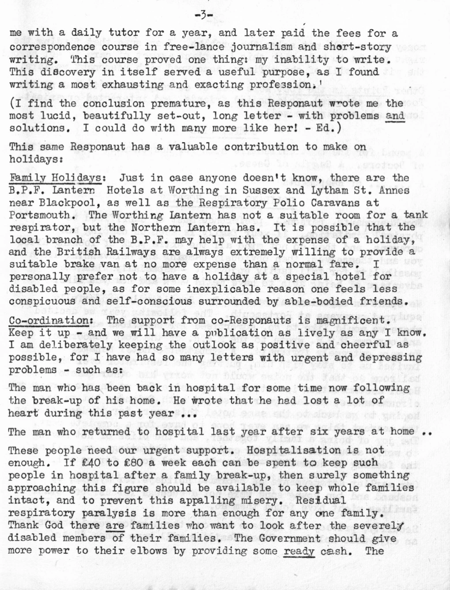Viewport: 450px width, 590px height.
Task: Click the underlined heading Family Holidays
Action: pyautogui.click(x=56, y=178)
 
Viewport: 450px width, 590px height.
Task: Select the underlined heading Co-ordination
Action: pyautogui.click(x=49, y=320)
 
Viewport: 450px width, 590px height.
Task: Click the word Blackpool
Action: pyautogui.click(x=68, y=203)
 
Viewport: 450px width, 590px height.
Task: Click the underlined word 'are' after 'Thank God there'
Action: pyautogui.click(x=114, y=526)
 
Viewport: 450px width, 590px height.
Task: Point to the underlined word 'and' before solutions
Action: pyautogui.click(x=395, y=116)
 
